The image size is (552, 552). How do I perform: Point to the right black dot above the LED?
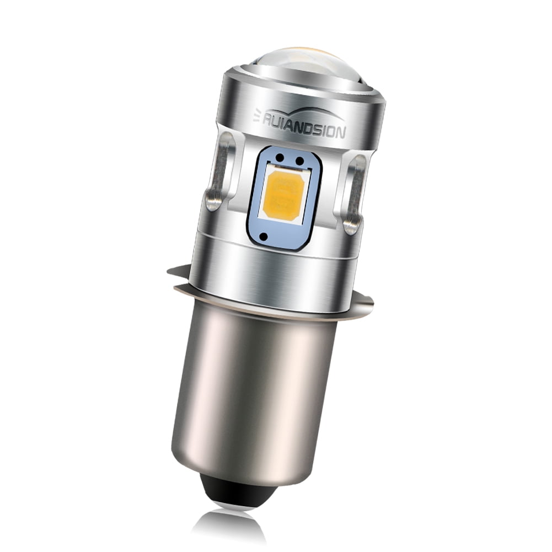(299, 162)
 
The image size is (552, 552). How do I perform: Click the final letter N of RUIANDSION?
(341, 133)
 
